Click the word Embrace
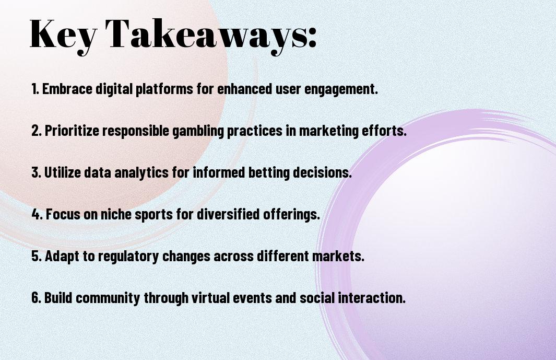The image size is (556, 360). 67,89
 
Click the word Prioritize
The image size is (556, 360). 72,131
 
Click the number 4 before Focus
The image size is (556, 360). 37,214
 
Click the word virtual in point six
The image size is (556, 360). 208,297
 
